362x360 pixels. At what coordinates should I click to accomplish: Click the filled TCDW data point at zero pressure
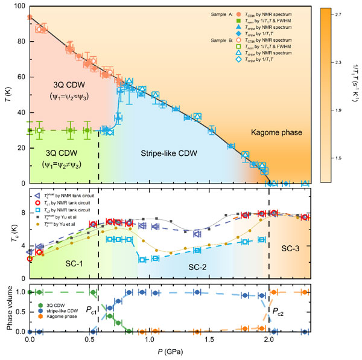(x=30, y=18)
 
